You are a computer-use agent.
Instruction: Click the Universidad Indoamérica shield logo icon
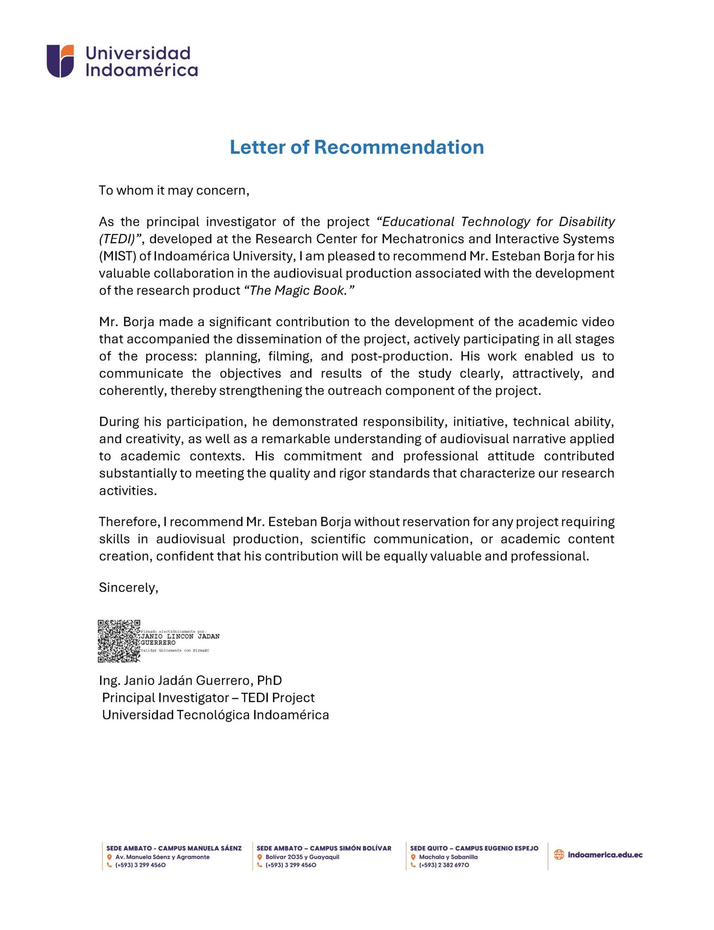[60, 61]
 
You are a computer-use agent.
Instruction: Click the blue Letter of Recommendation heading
[357, 147]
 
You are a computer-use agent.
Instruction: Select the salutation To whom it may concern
[174, 191]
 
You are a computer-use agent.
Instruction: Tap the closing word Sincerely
[129, 587]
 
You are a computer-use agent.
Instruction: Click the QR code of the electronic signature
[119, 641]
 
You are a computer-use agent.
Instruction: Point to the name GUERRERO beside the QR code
[158, 643]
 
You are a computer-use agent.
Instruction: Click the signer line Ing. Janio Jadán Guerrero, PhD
[191, 681]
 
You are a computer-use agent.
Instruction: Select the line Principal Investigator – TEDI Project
[208, 697]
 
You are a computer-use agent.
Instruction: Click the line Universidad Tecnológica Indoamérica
[216, 715]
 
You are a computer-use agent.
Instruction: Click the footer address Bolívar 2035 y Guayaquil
[302, 857]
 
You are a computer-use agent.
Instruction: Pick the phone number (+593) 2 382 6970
[444, 865]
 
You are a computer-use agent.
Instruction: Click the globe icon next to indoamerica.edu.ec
[559, 855]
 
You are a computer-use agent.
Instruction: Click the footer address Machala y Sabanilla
[448, 857]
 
